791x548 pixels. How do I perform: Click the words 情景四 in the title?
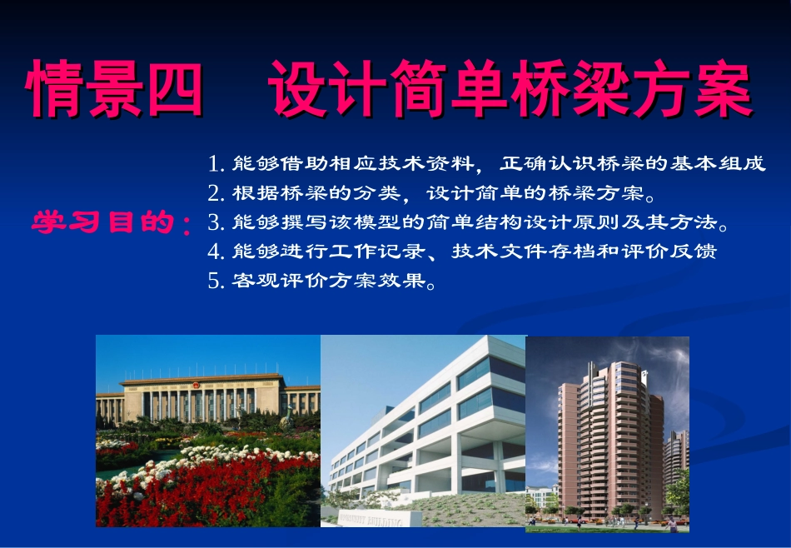click(115, 87)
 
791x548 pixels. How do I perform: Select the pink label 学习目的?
click(104, 222)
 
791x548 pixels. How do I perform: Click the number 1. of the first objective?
click(218, 162)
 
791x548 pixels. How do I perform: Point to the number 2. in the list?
click(218, 193)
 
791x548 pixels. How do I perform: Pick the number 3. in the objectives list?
click(218, 222)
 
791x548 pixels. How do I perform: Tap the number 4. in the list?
click(218, 252)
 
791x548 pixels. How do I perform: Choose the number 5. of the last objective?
click(218, 281)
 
